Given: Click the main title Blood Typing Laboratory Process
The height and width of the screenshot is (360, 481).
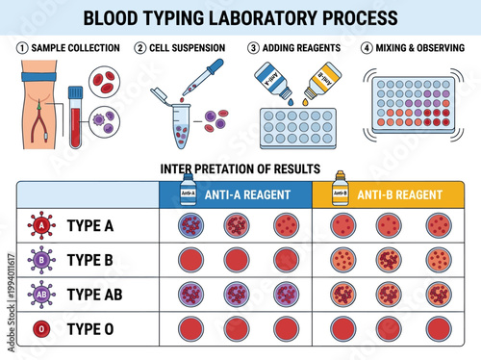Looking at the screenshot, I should click(x=240, y=17).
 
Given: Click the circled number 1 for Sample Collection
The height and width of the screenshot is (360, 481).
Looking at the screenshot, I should click(x=21, y=47).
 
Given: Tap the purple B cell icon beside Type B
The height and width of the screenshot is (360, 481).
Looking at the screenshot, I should click(x=39, y=260).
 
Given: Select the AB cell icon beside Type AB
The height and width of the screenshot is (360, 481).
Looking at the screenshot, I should click(x=39, y=294).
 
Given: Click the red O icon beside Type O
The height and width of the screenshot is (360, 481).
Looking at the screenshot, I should click(x=39, y=328).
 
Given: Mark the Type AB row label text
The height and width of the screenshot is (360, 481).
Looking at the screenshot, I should click(x=98, y=294).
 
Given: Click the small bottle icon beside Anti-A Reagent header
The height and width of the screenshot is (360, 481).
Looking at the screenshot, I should click(x=188, y=191).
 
